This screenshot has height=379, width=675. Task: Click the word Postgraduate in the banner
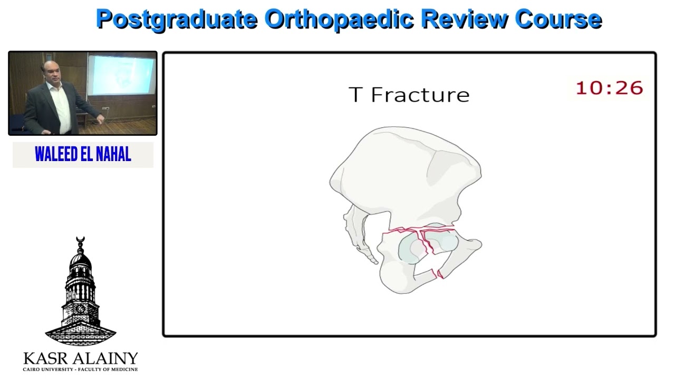point(177,19)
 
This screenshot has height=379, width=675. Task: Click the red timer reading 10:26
point(609,88)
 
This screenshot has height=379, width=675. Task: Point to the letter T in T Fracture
point(356,95)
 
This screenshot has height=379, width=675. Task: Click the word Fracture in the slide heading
point(420,95)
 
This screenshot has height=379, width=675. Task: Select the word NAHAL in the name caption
point(113,154)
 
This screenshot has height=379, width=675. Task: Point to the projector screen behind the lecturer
point(121,75)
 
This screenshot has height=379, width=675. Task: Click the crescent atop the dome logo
point(80,241)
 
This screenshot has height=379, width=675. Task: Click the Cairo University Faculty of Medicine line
point(80,370)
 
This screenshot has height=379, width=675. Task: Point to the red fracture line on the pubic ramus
point(439,273)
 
